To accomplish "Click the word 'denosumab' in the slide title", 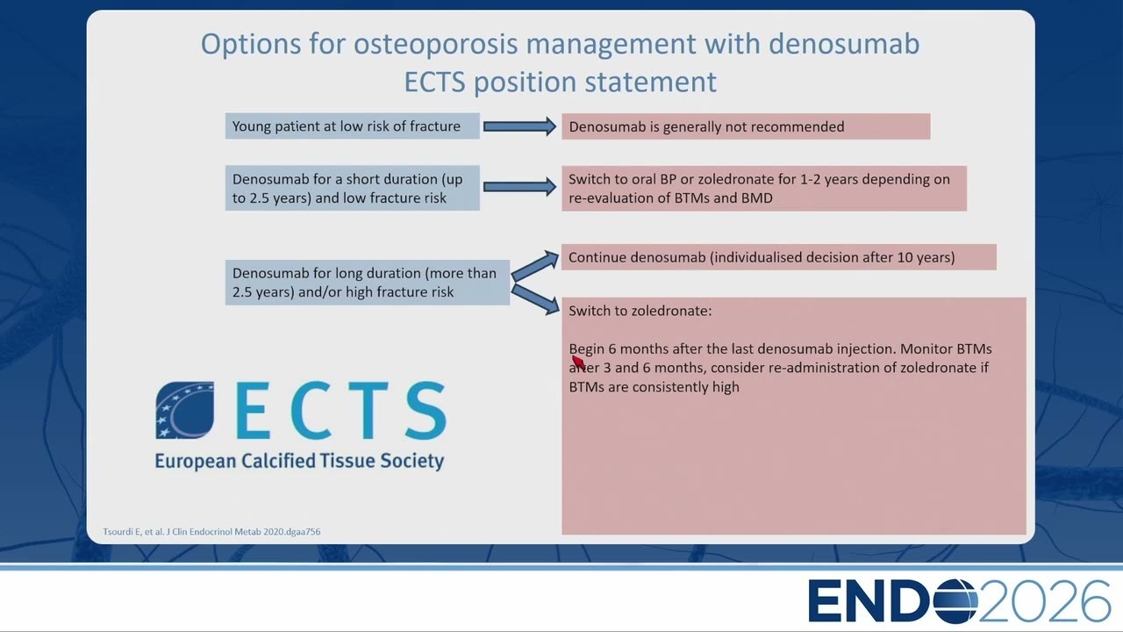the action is coord(844,44).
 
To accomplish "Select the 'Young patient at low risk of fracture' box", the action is coord(353,126).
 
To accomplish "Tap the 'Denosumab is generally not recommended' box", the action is coord(746,126).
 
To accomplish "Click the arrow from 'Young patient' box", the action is coord(520,126).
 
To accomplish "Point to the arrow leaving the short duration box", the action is coord(520,187).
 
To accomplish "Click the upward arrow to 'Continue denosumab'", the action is coord(535,266).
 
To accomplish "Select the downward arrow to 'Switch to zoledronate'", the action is coord(535,299).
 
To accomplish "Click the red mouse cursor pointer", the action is coord(578,362).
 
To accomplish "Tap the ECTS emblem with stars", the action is coord(184,410).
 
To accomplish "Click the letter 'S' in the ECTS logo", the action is coord(426,410).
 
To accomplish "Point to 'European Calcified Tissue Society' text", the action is coord(299,461).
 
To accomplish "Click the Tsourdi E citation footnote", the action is coord(211,532).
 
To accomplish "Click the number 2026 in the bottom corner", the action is coord(1044,601).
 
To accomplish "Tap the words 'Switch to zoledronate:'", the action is coord(640,311).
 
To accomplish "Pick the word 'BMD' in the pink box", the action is coord(757,197).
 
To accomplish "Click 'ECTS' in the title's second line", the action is coord(434,82).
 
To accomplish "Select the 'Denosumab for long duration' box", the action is coord(368,283).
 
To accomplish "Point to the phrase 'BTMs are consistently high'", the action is coord(654,387).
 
